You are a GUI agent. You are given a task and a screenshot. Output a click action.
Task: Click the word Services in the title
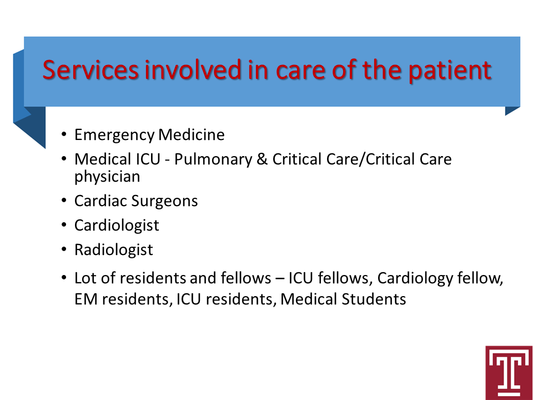90,70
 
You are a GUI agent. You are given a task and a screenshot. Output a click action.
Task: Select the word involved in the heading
193,69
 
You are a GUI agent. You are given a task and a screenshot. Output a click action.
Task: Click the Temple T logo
509,373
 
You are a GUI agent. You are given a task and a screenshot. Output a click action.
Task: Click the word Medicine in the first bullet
192,134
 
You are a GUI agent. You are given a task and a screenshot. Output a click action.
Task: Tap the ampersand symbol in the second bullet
262,159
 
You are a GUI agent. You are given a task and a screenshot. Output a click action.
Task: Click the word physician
107,177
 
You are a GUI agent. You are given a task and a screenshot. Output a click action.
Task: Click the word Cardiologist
117,226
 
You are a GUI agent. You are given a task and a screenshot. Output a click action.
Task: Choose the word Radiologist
113,250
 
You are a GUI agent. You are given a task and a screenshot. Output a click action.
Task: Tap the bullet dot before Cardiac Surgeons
64,201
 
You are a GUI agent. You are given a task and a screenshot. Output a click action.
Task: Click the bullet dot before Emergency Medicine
64,134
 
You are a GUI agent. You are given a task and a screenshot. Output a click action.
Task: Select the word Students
374,299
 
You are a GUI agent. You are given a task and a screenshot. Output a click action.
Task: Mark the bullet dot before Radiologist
64,249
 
